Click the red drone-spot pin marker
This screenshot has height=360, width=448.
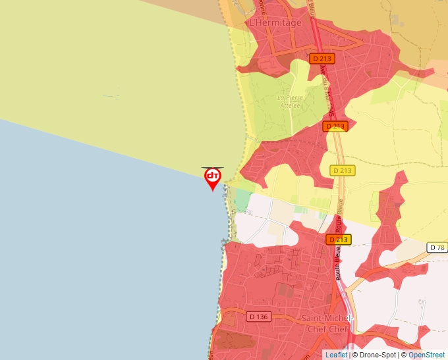(212, 178)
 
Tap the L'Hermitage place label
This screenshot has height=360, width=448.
(275, 22)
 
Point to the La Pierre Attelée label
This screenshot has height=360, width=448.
(291, 101)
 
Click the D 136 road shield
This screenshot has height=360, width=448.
(258, 317)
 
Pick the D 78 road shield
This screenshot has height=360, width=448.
(437, 247)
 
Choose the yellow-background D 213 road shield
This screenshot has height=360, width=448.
(343, 170)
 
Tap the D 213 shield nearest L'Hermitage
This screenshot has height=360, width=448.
(322, 59)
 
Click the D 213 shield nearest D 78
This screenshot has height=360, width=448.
(338, 240)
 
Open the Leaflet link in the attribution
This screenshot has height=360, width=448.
(336, 355)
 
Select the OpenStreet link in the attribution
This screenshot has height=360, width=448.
(427, 355)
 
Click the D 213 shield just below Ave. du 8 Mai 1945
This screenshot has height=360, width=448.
(335, 126)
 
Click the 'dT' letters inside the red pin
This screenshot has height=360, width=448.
(212, 176)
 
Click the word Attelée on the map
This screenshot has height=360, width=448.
(291, 105)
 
